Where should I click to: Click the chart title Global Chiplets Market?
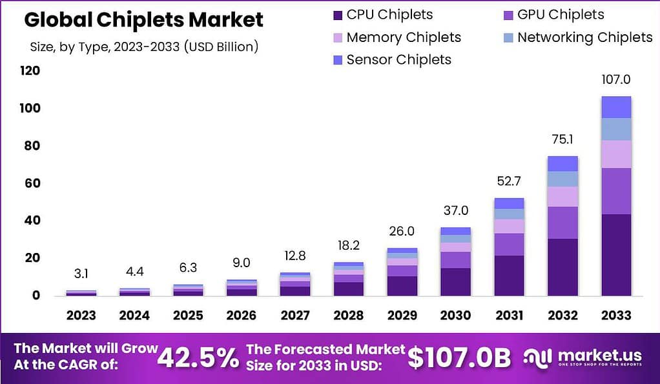143,19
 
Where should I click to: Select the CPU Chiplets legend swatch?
336,15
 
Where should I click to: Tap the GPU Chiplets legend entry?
553,15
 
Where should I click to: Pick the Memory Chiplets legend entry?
395,37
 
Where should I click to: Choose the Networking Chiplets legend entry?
576,37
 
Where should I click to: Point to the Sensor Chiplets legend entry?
390,60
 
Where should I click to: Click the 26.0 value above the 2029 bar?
402,232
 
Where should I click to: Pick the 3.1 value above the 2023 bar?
81,274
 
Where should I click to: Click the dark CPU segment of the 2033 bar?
615,255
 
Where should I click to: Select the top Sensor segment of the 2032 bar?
562,163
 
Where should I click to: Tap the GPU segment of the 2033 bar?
615,191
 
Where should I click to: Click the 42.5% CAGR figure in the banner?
199,357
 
